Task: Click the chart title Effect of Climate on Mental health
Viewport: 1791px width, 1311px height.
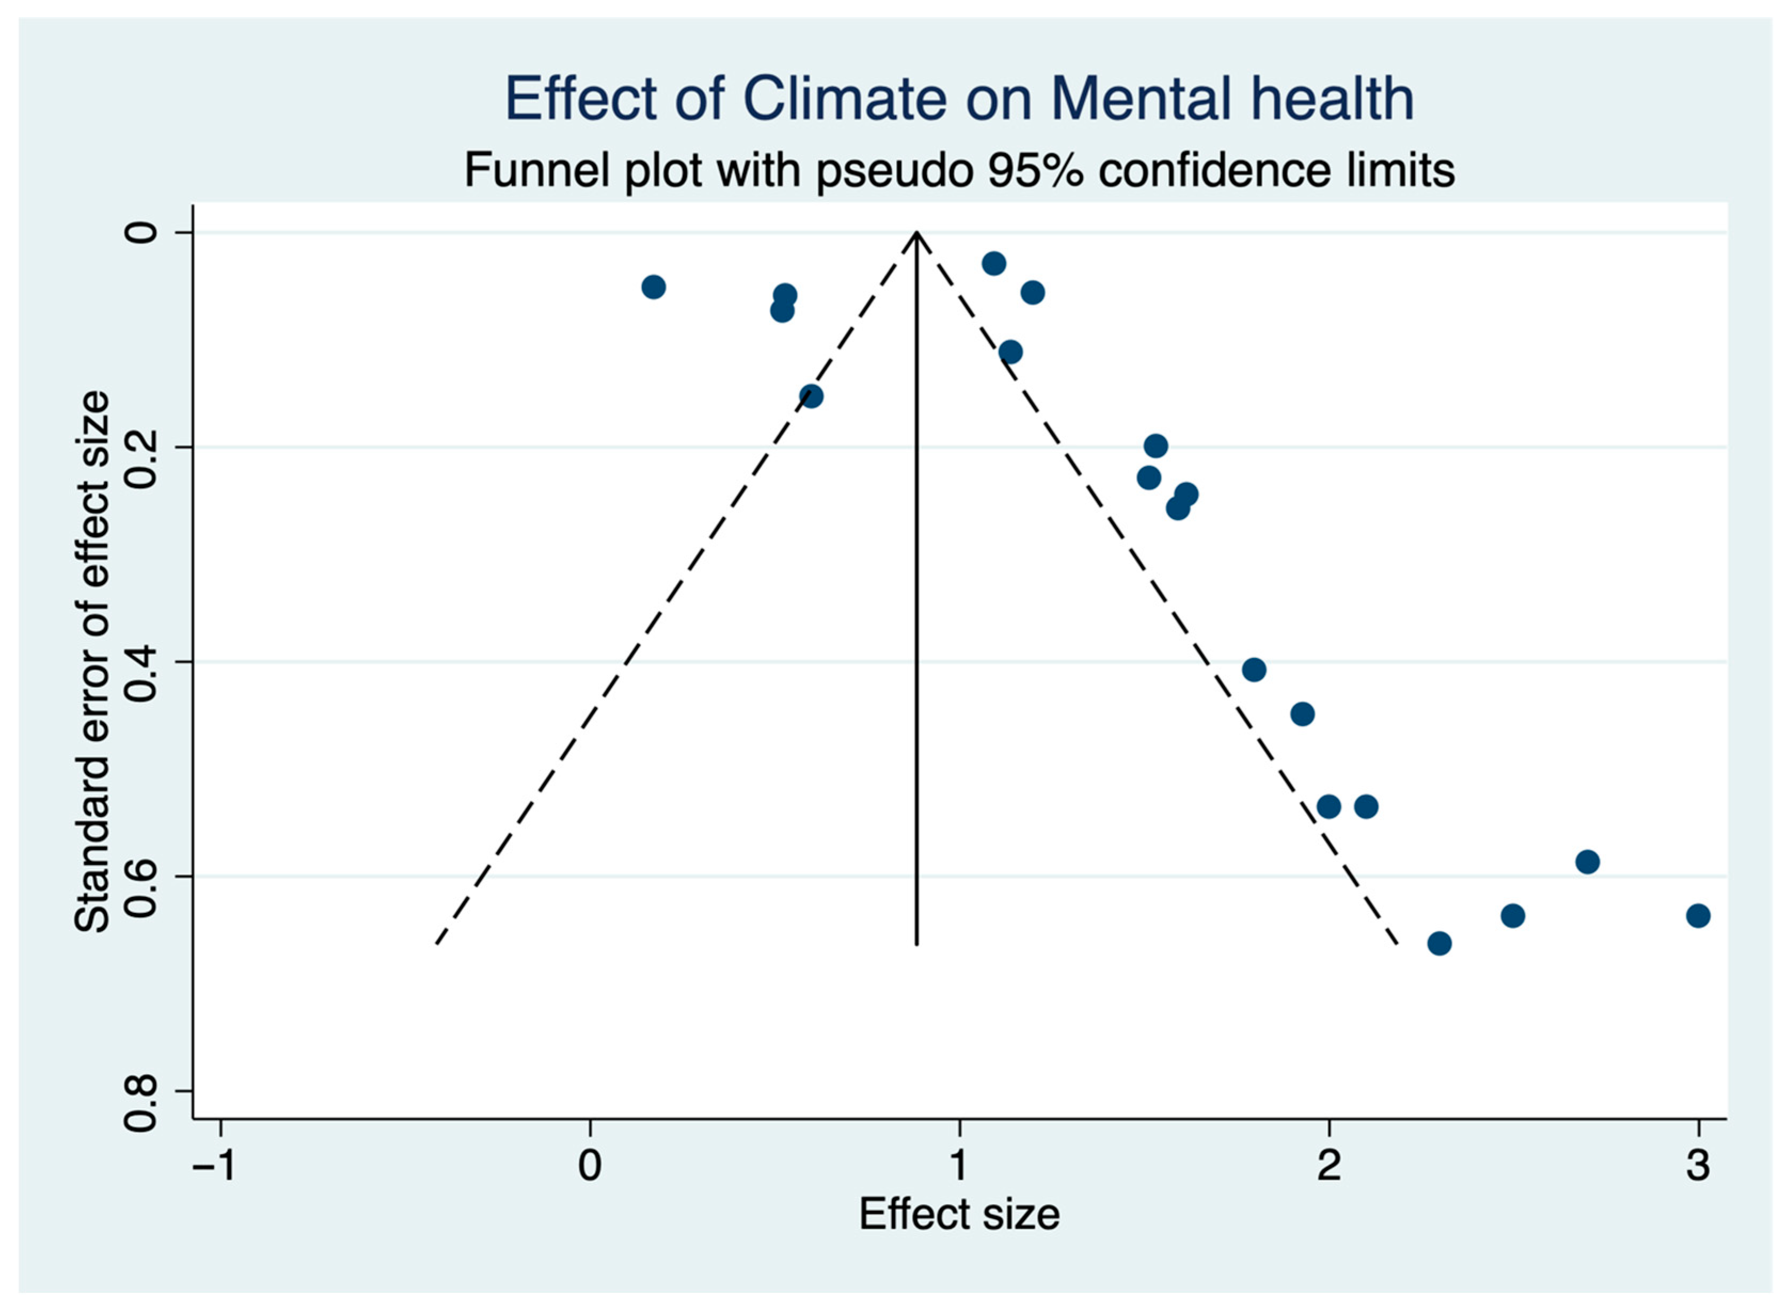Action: click(958, 99)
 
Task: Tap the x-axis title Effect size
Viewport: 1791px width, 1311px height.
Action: click(958, 1214)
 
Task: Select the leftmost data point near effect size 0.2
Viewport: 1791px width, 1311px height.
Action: click(653, 287)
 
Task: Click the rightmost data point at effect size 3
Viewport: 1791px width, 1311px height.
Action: click(1698, 916)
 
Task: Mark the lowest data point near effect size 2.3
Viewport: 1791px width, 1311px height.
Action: click(1439, 943)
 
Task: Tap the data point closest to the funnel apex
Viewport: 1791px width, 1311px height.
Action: click(994, 264)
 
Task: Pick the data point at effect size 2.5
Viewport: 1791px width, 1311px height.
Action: click(1512, 916)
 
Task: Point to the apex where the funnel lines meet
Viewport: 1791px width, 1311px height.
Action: click(916, 233)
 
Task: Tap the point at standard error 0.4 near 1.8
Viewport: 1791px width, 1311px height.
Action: click(1254, 670)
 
